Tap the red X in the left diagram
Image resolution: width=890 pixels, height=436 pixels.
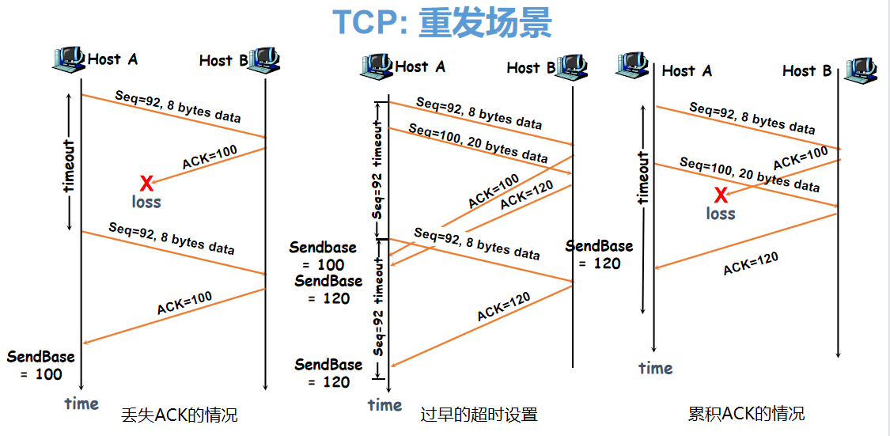[146, 184]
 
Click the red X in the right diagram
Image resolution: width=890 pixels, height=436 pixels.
[721, 195]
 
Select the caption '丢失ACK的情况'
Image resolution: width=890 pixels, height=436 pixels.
[180, 415]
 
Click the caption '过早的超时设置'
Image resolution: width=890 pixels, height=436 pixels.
[479, 415]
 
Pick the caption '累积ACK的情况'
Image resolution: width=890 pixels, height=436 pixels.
[746, 414]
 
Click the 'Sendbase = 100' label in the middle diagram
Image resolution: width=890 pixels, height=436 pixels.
[323, 256]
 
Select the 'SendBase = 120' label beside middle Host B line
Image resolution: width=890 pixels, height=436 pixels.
[600, 255]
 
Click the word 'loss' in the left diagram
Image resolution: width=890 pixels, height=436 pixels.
[146, 202]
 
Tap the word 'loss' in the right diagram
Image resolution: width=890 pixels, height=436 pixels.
[721, 214]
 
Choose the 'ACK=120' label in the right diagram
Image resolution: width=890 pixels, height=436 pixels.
[751, 263]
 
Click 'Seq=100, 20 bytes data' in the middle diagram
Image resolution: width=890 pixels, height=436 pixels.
[478, 142]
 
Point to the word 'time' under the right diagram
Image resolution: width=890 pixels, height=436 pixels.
[656, 368]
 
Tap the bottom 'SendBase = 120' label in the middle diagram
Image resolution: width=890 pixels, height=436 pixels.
[328, 373]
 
